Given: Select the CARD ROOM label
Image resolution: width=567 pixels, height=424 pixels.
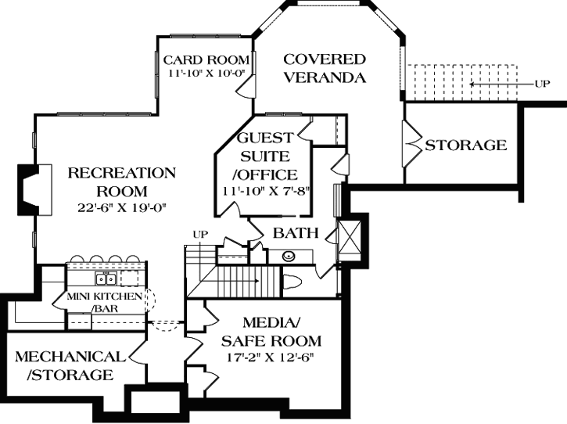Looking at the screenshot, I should pyautogui.click(x=206, y=60).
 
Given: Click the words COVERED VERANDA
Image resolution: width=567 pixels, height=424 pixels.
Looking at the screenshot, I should pyautogui.click(x=324, y=68).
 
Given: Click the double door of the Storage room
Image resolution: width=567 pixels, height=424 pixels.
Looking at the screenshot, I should pyautogui.click(x=410, y=146).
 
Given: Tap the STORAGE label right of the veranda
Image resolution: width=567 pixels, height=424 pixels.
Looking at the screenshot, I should pyautogui.click(x=465, y=146).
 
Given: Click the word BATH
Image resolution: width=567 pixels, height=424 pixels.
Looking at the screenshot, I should pyautogui.click(x=295, y=233).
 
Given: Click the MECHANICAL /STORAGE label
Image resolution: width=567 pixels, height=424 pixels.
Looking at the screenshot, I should pyautogui.click(x=70, y=365).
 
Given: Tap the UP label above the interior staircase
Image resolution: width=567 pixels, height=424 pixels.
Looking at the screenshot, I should pyautogui.click(x=199, y=234).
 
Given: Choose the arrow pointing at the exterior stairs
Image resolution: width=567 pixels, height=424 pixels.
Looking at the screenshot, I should pyautogui.click(x=501, y=83).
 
